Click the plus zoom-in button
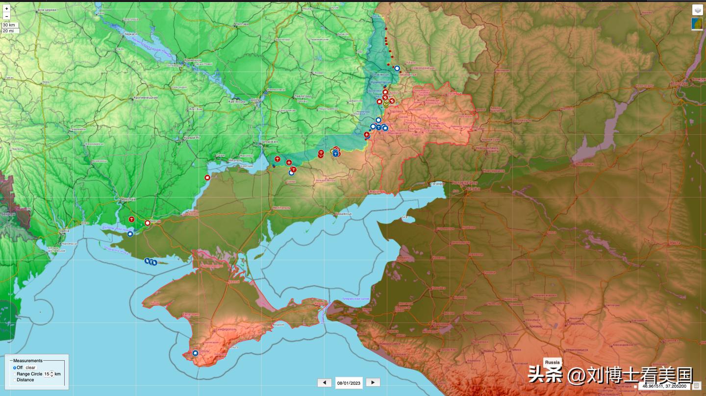[7, 8]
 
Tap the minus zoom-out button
[7, 16]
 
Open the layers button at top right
[697, 9]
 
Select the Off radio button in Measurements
[15, 368]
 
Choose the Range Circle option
[29, 374]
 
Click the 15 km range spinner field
[48, 374]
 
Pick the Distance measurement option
[25, 380]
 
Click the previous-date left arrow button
[324, 383]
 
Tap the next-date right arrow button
[373, 383]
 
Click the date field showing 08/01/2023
[349, 383]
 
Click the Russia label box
[552, 363]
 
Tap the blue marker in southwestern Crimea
[195, 353]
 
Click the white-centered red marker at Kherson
[148, 223]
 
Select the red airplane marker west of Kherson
[131, 219]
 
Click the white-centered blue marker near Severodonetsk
[397, 69]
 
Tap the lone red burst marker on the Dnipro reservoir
[207, 177]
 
